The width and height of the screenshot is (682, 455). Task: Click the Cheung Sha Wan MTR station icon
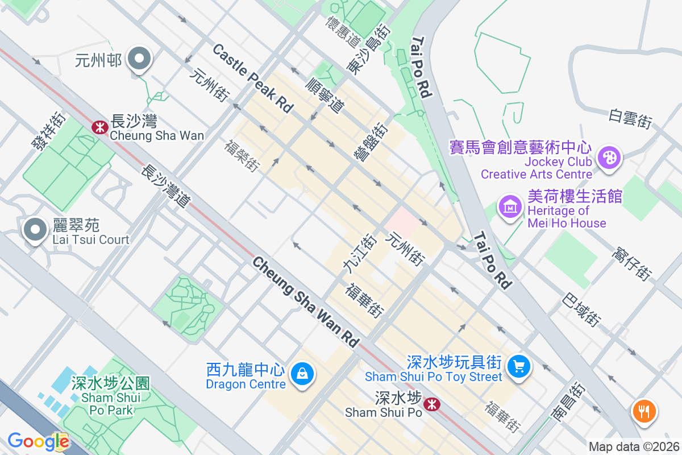pyautogui.click(x=100, y=127)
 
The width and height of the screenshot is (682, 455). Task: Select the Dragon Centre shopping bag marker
pyautogui.click(x=301, y=375)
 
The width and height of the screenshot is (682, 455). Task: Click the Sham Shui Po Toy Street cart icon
pyautogui.click(x=518, y=365)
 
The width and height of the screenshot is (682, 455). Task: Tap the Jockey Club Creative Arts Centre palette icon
pyautogui.click(x=609, y=156)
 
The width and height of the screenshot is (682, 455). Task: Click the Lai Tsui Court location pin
pyautogui.click(x=35, y=230)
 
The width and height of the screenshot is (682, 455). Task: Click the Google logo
pyautogui.click(x=38, y=441)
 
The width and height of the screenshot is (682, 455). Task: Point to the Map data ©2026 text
pyautogui.click(x=633, y=446)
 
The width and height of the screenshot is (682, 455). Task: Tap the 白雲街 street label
pyautogui.click(x=630, y=118)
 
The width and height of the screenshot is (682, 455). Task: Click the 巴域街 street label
pyautogui.click(x=581, y=309)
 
